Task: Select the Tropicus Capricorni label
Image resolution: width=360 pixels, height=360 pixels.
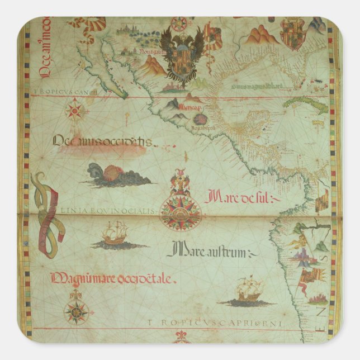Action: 216,323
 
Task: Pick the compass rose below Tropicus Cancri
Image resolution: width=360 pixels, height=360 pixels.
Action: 75,110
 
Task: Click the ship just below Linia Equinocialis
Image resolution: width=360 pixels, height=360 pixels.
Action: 115,234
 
